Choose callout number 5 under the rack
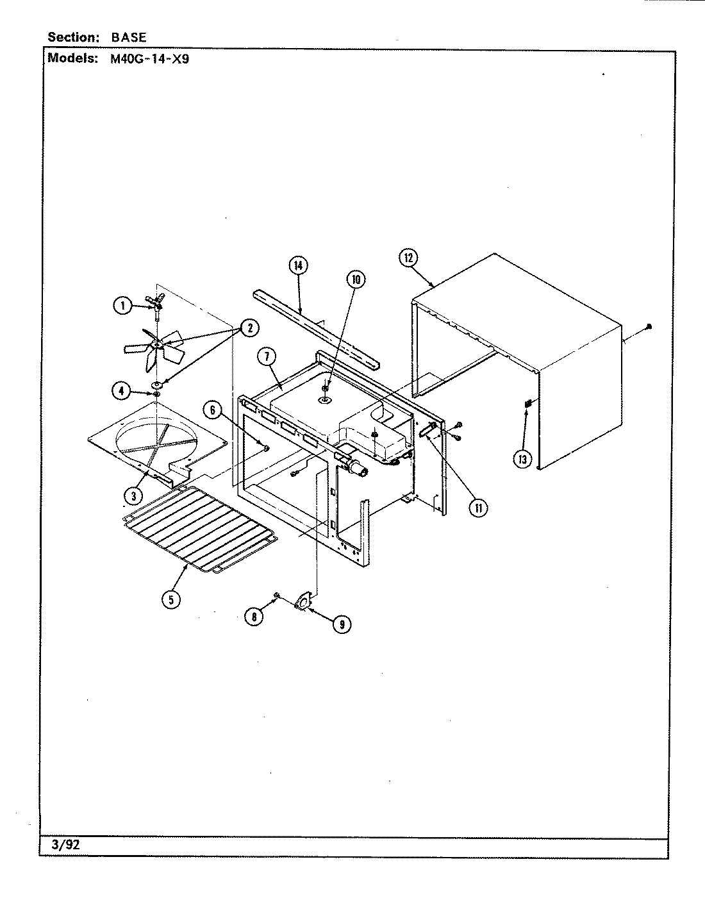170,599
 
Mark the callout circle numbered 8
254,616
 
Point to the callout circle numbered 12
408,258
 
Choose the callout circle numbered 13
524,459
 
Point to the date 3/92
65,844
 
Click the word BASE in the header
128,37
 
